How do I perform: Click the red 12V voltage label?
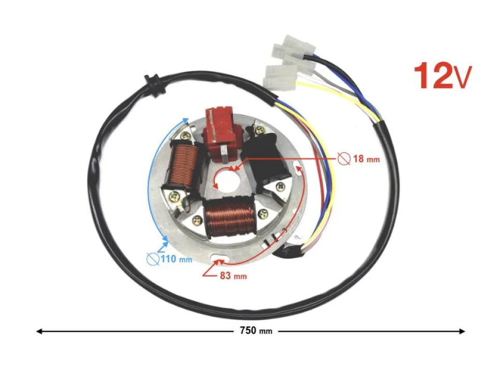pos(442,77)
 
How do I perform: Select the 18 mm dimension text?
pos(366,159)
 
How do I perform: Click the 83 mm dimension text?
pos(232,276)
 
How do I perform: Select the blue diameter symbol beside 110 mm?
pos(153,259)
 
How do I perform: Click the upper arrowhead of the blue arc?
pos(185,120)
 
